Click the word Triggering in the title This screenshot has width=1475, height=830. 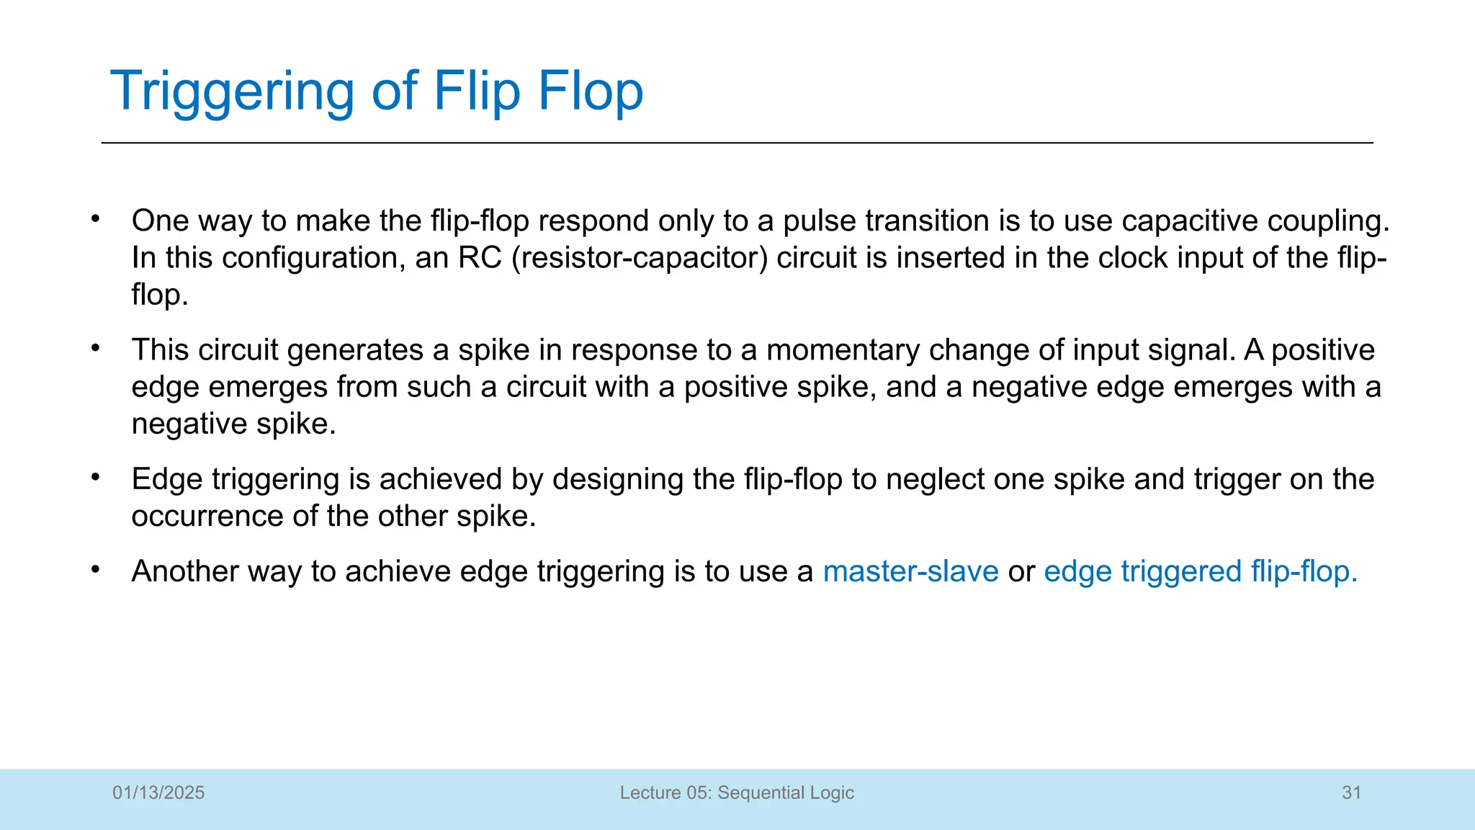click(233, 92)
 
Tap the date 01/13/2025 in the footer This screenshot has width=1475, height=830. click(158, 793)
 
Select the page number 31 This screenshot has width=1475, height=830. click(1351, 793)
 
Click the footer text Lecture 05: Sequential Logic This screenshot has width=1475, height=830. click(737, 793)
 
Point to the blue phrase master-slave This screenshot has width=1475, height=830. click(910, 571)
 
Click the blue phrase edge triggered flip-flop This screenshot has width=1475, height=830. click(1200, 571)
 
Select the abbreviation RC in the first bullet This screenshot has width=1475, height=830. click(480, 258)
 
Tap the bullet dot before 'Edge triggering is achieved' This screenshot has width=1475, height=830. click(95, 477)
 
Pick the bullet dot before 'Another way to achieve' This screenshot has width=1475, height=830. click(95, 569)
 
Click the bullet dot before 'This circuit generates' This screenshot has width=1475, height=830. click(95, 348)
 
